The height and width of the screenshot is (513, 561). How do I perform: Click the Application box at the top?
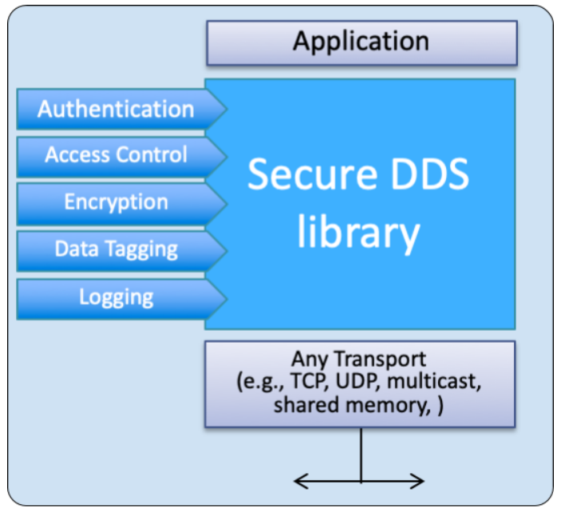click(361, 42)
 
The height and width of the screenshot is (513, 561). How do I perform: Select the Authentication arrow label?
click(116, 109)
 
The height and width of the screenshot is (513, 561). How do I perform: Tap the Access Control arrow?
click(116, 155)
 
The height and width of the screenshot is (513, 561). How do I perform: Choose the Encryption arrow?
click(116, 202)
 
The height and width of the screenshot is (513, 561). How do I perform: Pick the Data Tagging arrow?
click(116, 249)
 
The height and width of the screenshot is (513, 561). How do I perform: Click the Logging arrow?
click(116, 297)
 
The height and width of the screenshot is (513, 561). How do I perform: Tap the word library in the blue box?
click(358, 233)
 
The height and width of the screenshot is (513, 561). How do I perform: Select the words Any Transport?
click(359, 360)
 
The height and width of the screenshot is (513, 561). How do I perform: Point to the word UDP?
click(357, 382)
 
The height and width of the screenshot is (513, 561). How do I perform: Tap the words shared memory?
click(349, 404)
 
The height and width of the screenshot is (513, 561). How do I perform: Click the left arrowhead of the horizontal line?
click(298, 481)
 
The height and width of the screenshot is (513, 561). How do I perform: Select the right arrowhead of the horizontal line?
click(420, 481)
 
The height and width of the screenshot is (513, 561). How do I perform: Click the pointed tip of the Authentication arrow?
click(226, 109)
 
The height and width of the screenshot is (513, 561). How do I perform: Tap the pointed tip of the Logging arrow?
click(226, 298)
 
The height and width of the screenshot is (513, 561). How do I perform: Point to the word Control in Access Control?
click(152, 155)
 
